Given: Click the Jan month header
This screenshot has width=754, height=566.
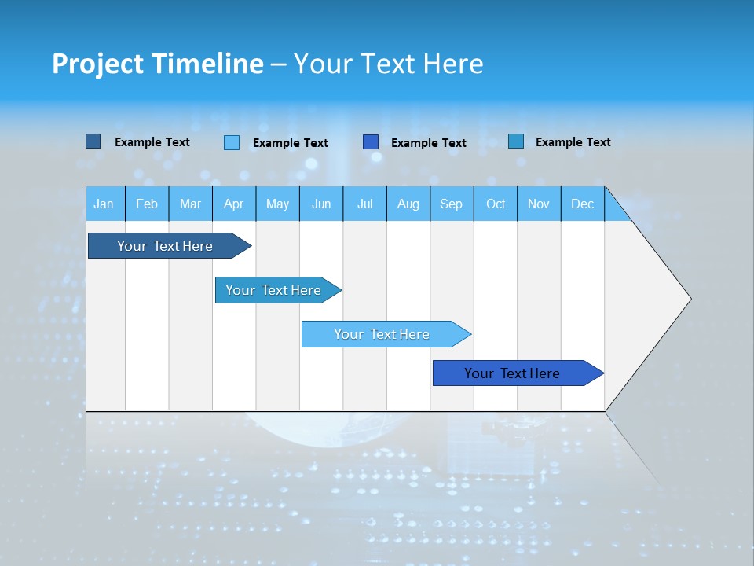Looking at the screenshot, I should [104, 204].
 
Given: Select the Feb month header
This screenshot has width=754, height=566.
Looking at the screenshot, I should [147, 204].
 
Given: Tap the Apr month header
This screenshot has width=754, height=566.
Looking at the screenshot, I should [233, 204].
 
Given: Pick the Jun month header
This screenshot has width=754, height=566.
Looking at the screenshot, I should [321, 204].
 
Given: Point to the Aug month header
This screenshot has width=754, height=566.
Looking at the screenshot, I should [408, 204].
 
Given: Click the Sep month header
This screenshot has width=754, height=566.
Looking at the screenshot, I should [451, 204].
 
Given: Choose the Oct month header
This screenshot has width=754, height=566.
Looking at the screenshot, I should [496, 204].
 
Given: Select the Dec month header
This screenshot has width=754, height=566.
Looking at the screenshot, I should [582, 204].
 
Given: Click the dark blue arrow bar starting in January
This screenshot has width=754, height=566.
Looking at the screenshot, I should [165, 246].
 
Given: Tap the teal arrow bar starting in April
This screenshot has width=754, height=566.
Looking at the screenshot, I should [273, 290].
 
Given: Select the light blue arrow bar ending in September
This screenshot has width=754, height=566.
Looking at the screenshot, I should [382, 334].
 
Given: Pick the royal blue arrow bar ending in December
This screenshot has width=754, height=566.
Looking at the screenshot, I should [512, 373].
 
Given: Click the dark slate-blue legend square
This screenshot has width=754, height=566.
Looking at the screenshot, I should [93, 141].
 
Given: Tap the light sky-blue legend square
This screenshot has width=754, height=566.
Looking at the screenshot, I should [232, 142].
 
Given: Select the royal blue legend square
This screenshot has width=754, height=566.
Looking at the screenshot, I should [371, 142].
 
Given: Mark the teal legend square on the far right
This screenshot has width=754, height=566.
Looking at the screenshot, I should [515, 141].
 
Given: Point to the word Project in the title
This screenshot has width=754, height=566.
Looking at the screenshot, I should [97, 64].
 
